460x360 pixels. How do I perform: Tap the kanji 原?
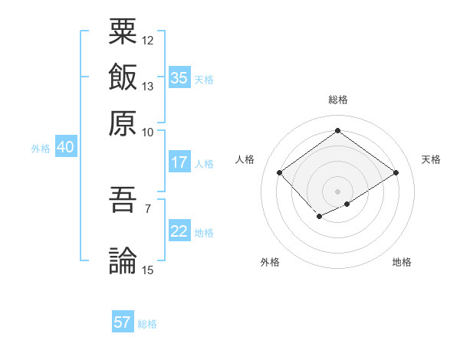tap(123, 122)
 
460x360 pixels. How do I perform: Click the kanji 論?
tap(123, 260)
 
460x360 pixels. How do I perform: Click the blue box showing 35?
tap(179, 78)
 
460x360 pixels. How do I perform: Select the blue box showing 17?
tap(179, 162)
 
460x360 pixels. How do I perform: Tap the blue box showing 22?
tap(179, 232)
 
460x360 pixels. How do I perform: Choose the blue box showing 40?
tap(65, 148)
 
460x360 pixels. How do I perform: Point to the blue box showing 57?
tap(123, 322)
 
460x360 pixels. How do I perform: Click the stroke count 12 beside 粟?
tap(148, 40)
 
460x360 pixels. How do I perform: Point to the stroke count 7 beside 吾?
tap(147, 208)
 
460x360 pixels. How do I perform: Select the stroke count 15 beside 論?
tap(148, 269)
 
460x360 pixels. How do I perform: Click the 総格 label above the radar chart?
tap(337, 100)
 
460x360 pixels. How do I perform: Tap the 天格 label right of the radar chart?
tap(431, 159)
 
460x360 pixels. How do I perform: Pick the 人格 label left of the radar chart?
tap(245, 159)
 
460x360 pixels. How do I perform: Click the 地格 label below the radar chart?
tap(402, 263)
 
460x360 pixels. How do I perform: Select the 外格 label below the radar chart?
tap(270, 263)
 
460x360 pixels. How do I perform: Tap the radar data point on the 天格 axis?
tap(396, 173)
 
